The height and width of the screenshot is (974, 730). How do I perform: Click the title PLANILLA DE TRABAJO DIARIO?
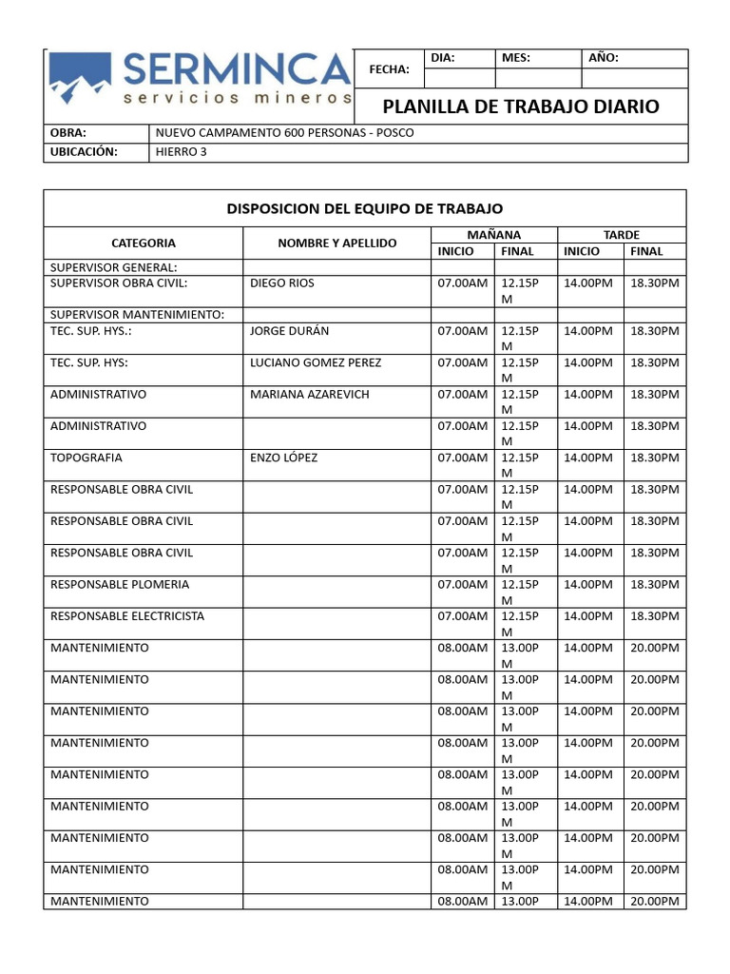(x=520, y=106)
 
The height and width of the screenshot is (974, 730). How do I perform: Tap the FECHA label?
(x=390, y=69)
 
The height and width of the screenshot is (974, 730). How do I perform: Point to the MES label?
(x=516, y=58)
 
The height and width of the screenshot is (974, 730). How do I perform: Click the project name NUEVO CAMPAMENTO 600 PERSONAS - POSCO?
(x=284, y=132)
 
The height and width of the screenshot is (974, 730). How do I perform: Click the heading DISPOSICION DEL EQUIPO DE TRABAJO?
(x=364, y=207)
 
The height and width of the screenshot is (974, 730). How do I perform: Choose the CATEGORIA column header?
(x=143, y=243)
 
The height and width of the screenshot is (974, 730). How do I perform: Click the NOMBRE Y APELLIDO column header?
(x=336, y=243)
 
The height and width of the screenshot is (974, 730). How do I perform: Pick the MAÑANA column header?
(x=493, y=235)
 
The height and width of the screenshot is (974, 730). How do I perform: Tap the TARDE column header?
(x=622, y=235)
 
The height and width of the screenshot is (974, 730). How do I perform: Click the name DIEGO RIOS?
(x=281, y=283)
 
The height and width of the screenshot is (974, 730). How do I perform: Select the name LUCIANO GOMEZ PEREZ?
(x=315, y=362)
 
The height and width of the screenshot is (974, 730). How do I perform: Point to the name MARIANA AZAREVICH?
(x=309, y=394)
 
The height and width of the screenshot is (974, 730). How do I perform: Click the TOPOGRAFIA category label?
(x=86, y=458)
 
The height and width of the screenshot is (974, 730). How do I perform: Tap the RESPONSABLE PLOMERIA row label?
(x=120, y=584)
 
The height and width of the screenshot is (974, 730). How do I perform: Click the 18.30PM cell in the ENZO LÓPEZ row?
(x=655, y=458)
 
